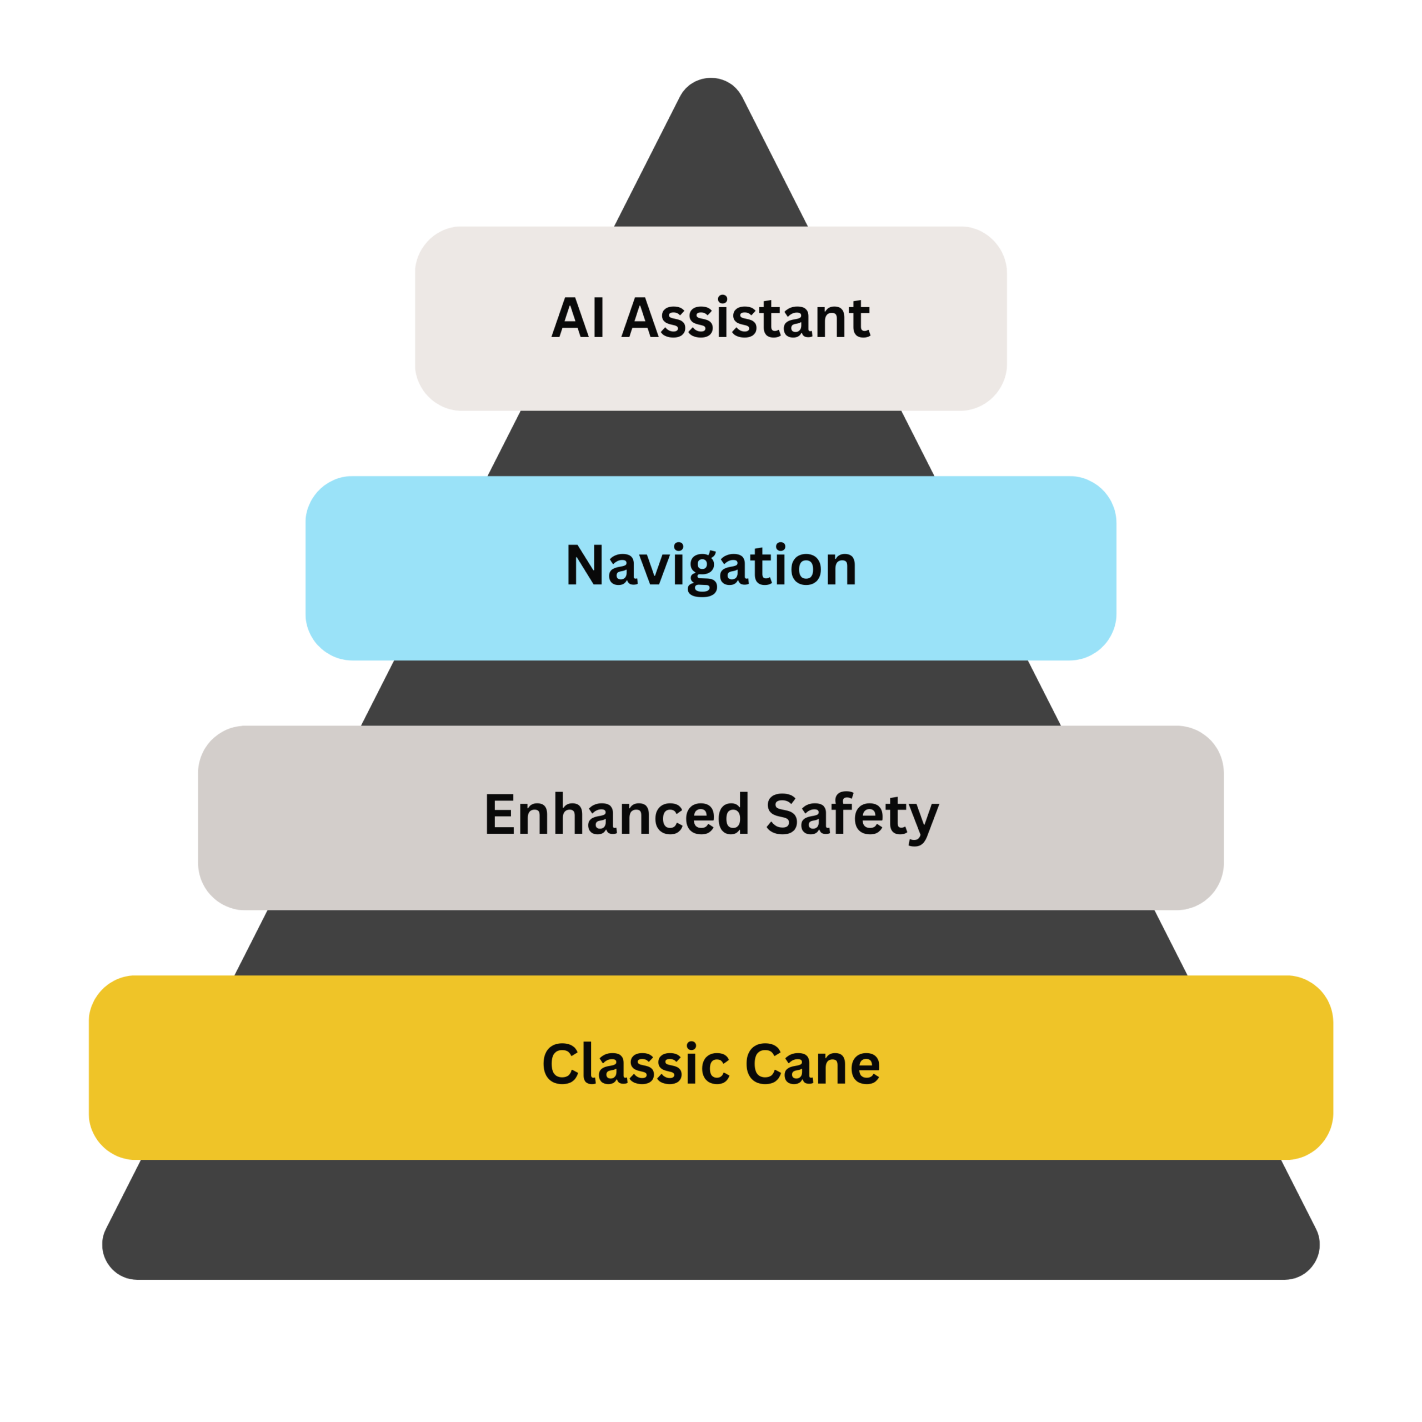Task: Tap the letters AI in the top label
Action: pos(578,319)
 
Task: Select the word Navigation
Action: pos(711,567)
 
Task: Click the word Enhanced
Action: pos(617,815)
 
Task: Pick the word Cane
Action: pos(812,1065)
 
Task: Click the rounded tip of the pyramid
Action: pos(711,96)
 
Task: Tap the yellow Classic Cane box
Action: pos(294,1067)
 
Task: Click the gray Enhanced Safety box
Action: pos(331,817)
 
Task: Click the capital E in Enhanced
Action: pos(500,815)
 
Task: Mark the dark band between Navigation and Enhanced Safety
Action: pos(711,693)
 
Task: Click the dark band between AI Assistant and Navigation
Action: pos(711,443)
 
